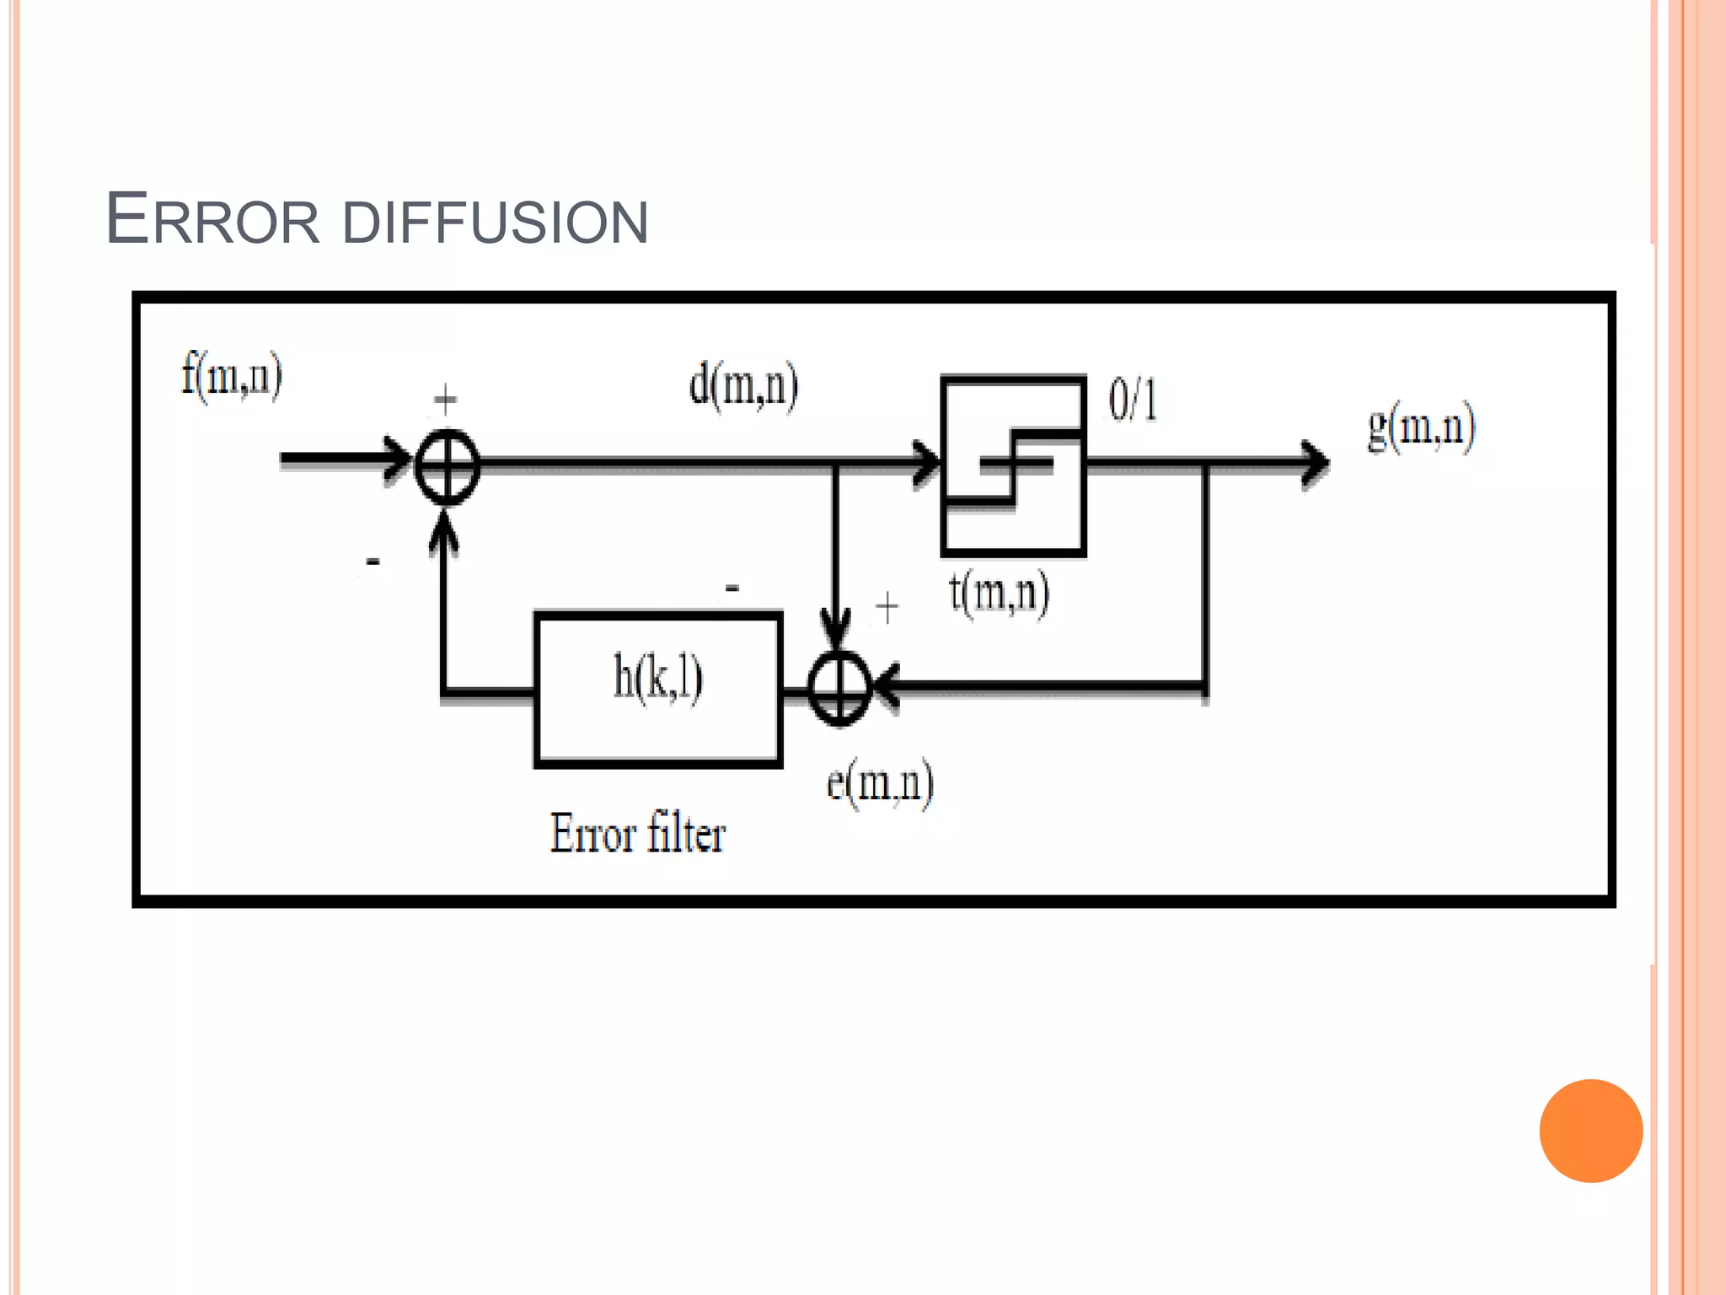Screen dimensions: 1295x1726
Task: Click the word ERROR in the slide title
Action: pos(212,220)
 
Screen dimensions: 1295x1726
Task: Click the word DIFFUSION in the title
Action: pos(496,223)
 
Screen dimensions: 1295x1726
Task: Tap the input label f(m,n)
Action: pos(232,376)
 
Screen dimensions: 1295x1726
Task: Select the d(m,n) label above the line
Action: pos(743,387)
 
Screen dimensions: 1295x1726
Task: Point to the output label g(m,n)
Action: pos(1421,427)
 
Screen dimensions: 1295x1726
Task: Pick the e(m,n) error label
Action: pos(880,783)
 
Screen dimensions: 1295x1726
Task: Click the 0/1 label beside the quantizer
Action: pos(1133,400)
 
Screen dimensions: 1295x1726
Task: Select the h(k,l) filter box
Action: pos(658,689)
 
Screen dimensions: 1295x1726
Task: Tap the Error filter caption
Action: pos(638,834)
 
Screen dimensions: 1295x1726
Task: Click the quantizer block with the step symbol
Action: pos(1013,465)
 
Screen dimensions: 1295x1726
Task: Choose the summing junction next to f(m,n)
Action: pos(448,466)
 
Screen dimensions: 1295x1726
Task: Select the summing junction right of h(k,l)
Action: pos(839,687)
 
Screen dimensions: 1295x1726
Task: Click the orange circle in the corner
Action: pos(1590,1131)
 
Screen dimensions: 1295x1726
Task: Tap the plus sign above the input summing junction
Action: pos(445,399)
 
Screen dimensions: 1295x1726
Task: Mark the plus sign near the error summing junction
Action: pos(887,607)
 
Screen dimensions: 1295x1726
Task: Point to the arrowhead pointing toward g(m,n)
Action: pos(1315,463)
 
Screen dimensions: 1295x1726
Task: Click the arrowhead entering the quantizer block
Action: pos(928,464)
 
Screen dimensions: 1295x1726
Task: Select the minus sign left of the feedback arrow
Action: pos(373,561)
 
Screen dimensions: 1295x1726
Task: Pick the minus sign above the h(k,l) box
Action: pos(732,588)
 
